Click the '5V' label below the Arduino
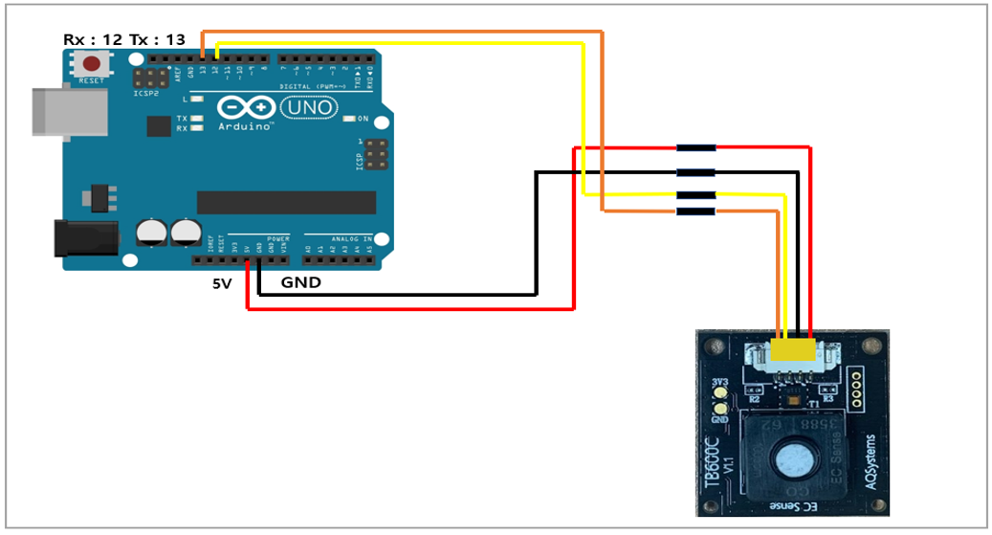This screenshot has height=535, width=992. pyautogui.click(x=222, y=283)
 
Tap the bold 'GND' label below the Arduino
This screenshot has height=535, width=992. pyautogui.click(x=300, y=283)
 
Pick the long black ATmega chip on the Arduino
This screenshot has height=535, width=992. pyautogui.click(x=286, y=202)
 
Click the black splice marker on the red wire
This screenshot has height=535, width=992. pyautogui.click(x=695, y=148)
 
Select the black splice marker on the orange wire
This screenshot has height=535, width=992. pyautogui.click(x=695, y=211)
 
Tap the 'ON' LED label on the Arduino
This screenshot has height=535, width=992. pyautogui.click(x=363, y=119)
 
